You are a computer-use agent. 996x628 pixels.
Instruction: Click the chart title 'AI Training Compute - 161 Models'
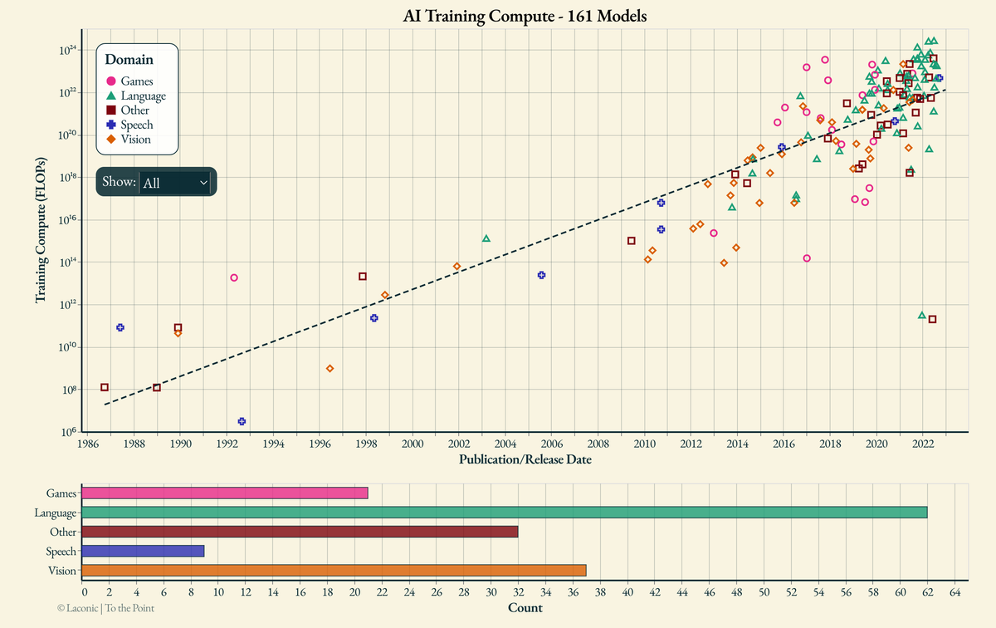[525, 16]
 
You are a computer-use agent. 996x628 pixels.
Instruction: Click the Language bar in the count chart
[504, 513]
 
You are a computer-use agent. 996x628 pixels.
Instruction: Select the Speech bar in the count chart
[143, 551]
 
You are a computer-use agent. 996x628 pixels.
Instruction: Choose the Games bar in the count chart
[224, 493]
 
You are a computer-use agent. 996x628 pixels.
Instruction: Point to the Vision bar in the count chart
[334, 571]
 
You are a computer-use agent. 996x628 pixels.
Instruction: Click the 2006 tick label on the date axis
[552, 444]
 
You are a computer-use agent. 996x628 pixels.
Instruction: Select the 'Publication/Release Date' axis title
[525, 459]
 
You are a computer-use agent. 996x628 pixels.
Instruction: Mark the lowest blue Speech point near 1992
[242, 421]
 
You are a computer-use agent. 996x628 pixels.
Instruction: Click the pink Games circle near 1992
[234, 277]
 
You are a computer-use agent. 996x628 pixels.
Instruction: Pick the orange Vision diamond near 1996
[330, 368]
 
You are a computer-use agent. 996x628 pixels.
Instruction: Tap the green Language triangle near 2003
[486, 238]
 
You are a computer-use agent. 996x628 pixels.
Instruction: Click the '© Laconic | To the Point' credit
[105, 608]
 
